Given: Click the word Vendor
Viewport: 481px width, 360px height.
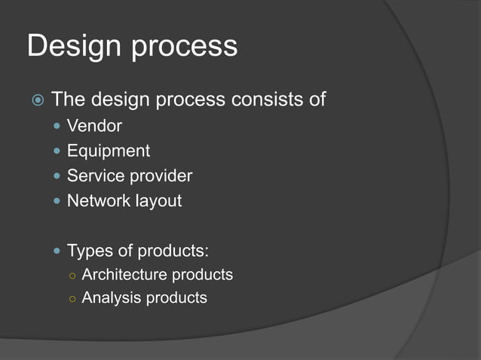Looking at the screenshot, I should click(94, 126).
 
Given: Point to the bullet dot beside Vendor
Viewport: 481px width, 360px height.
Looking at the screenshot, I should click(57, 126).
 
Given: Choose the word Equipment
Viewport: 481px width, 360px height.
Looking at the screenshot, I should click(108, 151).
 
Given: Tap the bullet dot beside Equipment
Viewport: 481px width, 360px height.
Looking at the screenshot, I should click(57, 151).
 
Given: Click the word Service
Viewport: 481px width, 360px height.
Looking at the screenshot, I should click(93, 176).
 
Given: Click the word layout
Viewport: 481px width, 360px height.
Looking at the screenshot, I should click(156, 202).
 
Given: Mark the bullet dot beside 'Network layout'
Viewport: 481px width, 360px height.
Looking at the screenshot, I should click(57, 201).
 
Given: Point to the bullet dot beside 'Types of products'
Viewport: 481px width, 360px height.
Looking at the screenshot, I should click(57, 250).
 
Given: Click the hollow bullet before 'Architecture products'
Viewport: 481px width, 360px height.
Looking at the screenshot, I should click(72, 276).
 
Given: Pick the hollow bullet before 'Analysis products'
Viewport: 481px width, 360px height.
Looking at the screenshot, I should click(72, 298).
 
